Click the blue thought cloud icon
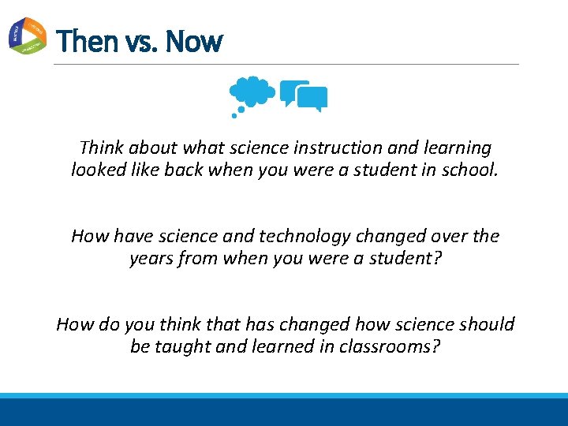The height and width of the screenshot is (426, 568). (x=252, y=92)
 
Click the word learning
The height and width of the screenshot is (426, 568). (x=458, y=148)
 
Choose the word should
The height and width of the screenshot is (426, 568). (x=486, y=324)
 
